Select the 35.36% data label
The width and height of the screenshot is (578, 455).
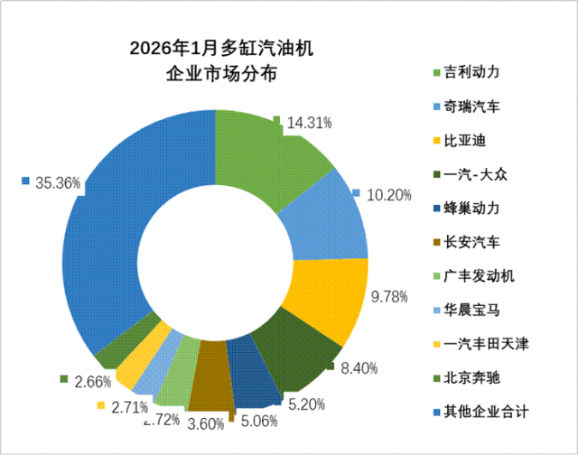58,183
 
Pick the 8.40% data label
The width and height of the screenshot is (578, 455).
359,367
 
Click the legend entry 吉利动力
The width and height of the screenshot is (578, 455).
471,72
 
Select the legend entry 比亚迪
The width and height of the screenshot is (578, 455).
462,141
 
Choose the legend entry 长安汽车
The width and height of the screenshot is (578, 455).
471,242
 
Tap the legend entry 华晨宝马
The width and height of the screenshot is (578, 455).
471,310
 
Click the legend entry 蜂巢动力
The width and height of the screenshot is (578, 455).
471,208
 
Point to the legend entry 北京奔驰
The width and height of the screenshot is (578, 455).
471,377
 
